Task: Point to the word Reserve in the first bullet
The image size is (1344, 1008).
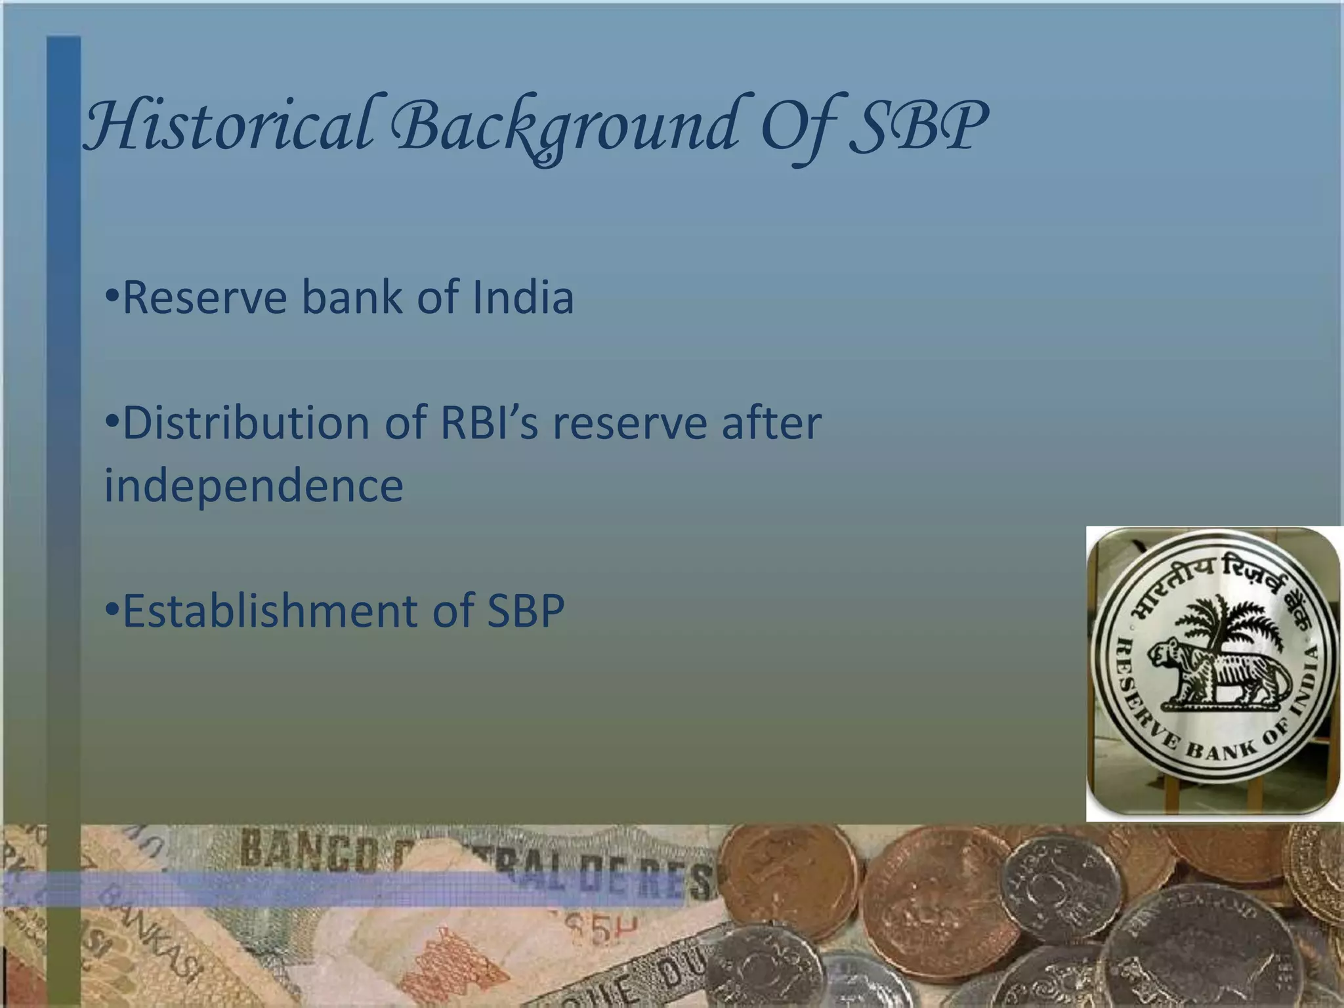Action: (205, 297)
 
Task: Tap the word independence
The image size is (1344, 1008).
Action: (253, 486)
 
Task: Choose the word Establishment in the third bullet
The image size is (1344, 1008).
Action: (269, 611)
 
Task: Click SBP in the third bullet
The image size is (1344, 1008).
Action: (525, 611)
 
